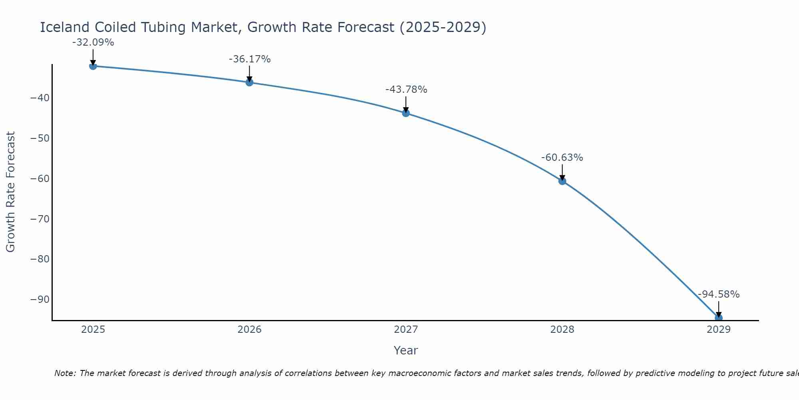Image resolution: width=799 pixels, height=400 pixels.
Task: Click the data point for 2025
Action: click(93, 66)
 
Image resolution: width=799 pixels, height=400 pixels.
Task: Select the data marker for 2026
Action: click(249, 82)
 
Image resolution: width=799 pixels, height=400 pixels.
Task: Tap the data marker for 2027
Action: click(406, 113)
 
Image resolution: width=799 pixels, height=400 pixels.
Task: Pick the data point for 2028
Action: click(562, 181)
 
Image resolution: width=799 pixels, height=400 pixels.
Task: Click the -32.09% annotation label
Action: click(93, 42)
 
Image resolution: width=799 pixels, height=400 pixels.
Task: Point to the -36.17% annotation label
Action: click(250, 59)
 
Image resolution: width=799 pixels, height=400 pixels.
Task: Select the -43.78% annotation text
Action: click(406, 90)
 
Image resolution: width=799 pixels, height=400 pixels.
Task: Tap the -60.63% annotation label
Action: click(562, 158)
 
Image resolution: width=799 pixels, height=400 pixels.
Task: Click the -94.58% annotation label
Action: click(719, 294)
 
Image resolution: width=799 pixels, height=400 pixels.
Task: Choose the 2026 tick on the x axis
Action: click(249, 330)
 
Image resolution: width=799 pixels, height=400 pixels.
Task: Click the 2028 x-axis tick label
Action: click(562, 330)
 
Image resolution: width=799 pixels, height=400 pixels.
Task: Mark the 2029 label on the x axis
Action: click(719, 330)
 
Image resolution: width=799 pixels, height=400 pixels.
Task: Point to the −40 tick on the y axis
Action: click(40, 98)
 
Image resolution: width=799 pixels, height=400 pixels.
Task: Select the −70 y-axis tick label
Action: click(40, 219)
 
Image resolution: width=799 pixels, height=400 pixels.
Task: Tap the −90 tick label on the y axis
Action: click(40, 300)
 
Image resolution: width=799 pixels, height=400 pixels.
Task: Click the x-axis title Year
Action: click(405, 350)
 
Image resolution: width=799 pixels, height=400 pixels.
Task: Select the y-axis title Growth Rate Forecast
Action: click(11, 192)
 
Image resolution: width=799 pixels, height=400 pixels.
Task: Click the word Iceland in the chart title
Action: click(65, 28)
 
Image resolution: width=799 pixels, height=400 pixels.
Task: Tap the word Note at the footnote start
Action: click(64, 373)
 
